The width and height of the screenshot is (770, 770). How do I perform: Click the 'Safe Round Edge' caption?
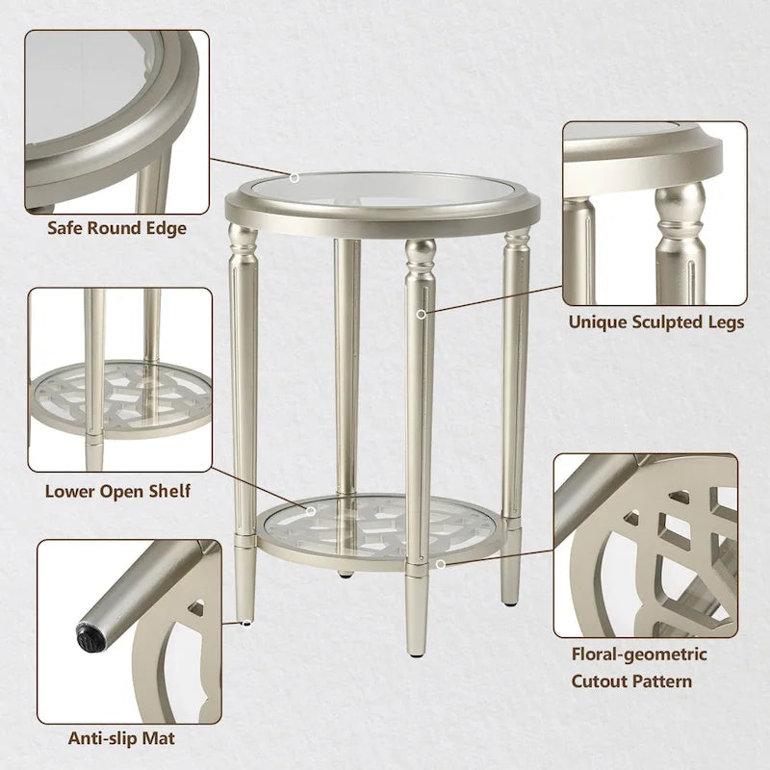pos(117,229)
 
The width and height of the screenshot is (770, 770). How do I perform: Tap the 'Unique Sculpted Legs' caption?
pos(655,322)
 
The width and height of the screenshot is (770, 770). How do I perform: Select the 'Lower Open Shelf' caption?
pos(117,492)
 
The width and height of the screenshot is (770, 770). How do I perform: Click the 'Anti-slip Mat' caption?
pos(120,739)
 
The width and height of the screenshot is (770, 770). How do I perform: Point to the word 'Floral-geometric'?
pos(639,654)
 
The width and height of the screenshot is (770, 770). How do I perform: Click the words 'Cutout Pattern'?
pos(631,681)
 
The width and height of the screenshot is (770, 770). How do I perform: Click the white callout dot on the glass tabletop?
pos(295,177)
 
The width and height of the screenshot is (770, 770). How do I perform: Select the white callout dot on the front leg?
pos(421,313)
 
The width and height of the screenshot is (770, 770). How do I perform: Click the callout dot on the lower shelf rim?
pos(440,565)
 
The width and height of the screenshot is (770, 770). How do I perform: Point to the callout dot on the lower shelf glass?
pos(311,511)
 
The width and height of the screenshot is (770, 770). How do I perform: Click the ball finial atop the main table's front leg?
pos(420,255)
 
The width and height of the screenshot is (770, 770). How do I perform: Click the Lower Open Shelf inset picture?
pos(120,379)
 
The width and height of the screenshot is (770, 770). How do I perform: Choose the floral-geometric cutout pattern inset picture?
pos(646,545)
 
